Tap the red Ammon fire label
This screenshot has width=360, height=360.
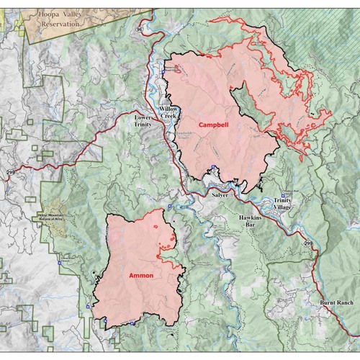141,275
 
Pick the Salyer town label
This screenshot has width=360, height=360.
220,195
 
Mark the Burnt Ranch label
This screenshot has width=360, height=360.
336,303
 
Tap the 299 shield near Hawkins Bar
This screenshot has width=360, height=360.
309,246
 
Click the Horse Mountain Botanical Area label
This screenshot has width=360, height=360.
48,218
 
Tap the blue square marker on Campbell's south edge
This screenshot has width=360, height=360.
213,169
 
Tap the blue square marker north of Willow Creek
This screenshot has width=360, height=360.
166,71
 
